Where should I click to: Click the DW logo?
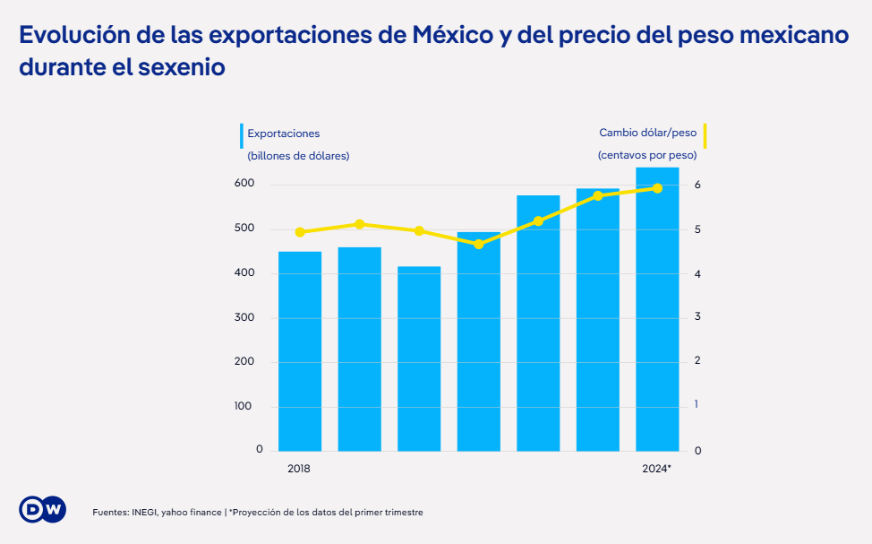(42, 509)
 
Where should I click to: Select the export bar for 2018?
(300, 350)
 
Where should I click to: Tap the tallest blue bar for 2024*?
(657, 309)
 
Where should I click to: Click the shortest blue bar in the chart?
(419, 358)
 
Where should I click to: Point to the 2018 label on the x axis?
(299, 469)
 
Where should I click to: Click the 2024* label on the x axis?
(657, 469)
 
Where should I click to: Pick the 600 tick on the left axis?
(244, 184)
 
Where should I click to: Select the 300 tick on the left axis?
(244, 317)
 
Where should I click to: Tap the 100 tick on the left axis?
(244, 406)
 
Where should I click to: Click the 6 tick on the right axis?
(697, 186)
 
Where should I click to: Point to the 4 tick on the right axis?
(697, 273)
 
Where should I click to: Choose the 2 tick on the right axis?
(697, 361)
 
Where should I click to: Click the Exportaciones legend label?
(283, 134)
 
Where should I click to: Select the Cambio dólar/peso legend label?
(647, 134)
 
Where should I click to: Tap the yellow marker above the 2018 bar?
(300, 232)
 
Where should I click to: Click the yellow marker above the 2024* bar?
(657, 188)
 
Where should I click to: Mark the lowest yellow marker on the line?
(478, 244)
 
